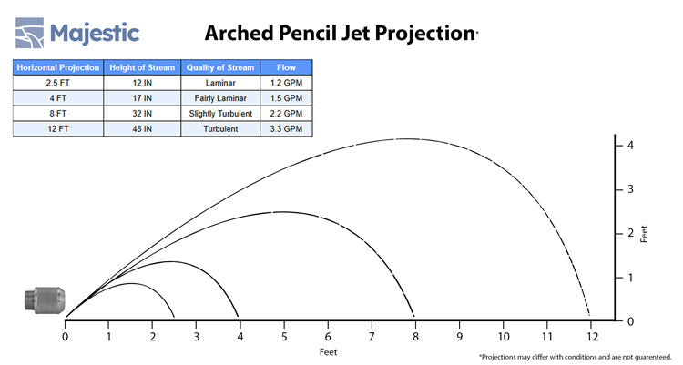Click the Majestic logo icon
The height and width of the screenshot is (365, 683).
pyautogui.click(x=30, y=33)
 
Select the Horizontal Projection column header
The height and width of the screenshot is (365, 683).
pyautogui.click(x=58, y=67)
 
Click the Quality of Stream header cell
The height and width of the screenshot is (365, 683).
pyautogui.click(x=220, y=67)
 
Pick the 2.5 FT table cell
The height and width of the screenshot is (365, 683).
pyautogui.click(x=58, y=83)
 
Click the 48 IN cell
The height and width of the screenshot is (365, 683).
pyautogui.click(x=142, y=129)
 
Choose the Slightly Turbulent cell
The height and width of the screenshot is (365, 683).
pyautogui.click(x=220, y=114)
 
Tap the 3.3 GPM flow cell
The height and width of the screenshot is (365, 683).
pyautogui.click(x=286, y=129)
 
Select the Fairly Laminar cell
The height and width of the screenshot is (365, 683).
pyautogui.click(x=220, y=98)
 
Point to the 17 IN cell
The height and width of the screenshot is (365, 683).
pyautogui.click(x=142, y=98)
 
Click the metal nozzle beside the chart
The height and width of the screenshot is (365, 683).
pyautogui.click(x=45, y=300)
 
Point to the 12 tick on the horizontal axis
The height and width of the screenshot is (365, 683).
pyautogui.click(x=591, y=324)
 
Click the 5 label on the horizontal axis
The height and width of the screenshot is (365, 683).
pyautogui.click(x=284, y=336)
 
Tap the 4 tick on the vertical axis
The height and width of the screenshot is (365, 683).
pyautogui.click(x=618, y=146)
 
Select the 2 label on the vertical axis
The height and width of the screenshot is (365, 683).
pyautogui.click(x=630, y=233)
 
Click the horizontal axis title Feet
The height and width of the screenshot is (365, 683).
pyautogui.click(x=328, y=352)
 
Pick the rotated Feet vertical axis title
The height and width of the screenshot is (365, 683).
pyautogui.click(x=644, y=234)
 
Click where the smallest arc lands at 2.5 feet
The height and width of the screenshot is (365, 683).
pyautogui.click(x=174, y=317)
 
